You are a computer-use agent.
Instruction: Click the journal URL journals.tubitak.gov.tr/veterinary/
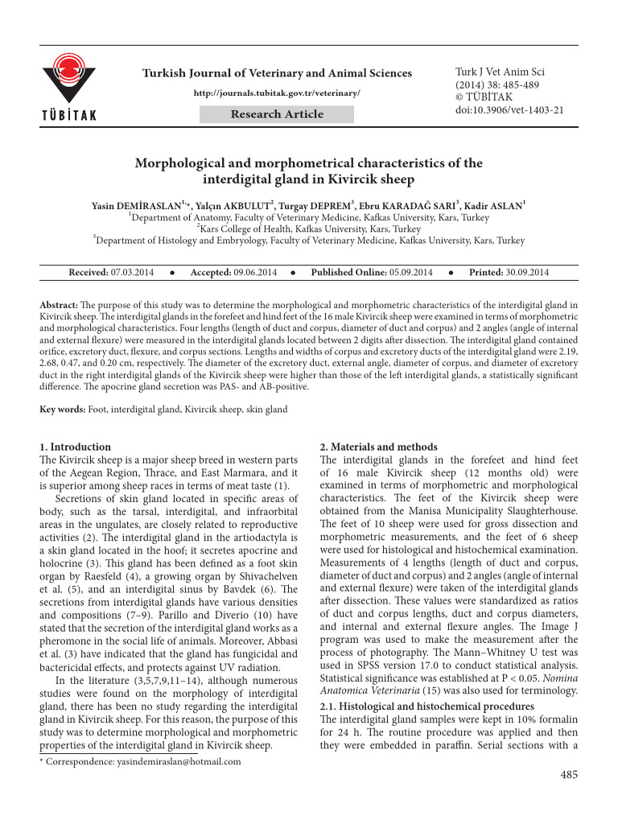(x=277, y=93)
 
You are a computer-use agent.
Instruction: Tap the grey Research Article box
(x=277, y=114)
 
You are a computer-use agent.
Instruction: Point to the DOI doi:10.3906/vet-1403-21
(x=509, y=110)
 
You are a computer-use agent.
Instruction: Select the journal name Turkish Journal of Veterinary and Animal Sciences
(x=277, y=73)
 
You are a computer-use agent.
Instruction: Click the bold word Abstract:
(x=59, y=307)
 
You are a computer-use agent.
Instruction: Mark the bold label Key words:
(x=63, y=410)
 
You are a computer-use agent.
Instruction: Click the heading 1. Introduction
(x=76, y=447)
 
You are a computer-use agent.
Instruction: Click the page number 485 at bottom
(x=568, y=775)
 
